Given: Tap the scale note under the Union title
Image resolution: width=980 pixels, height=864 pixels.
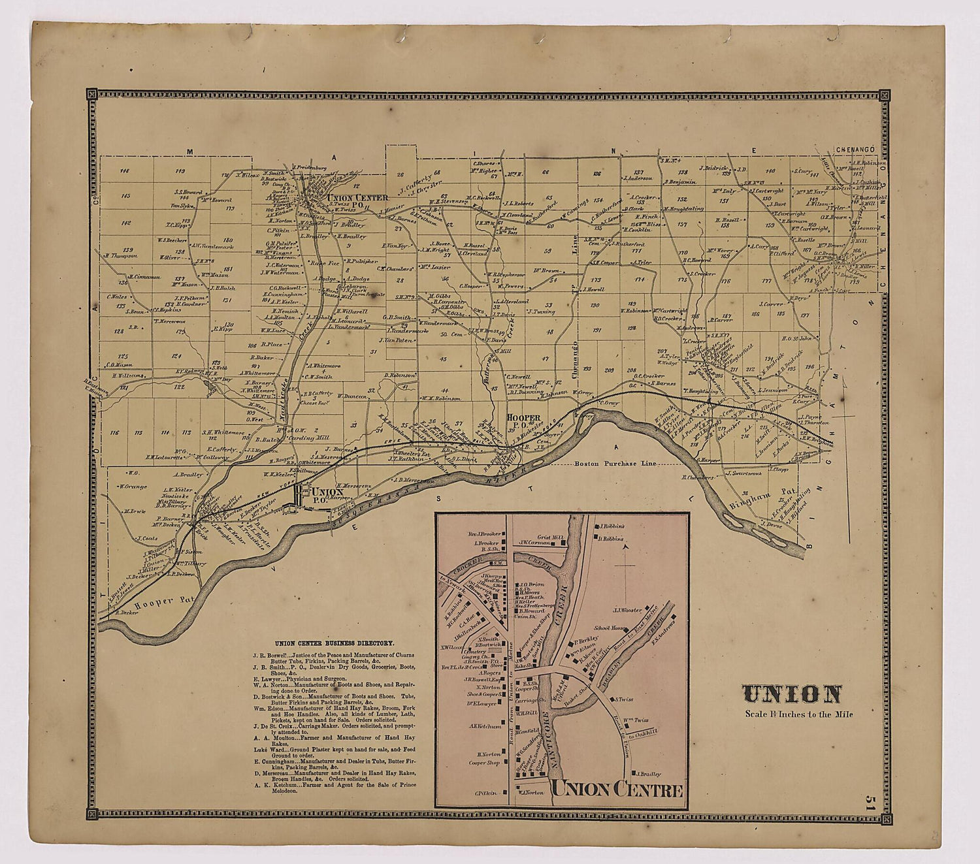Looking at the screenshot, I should [798, 714].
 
